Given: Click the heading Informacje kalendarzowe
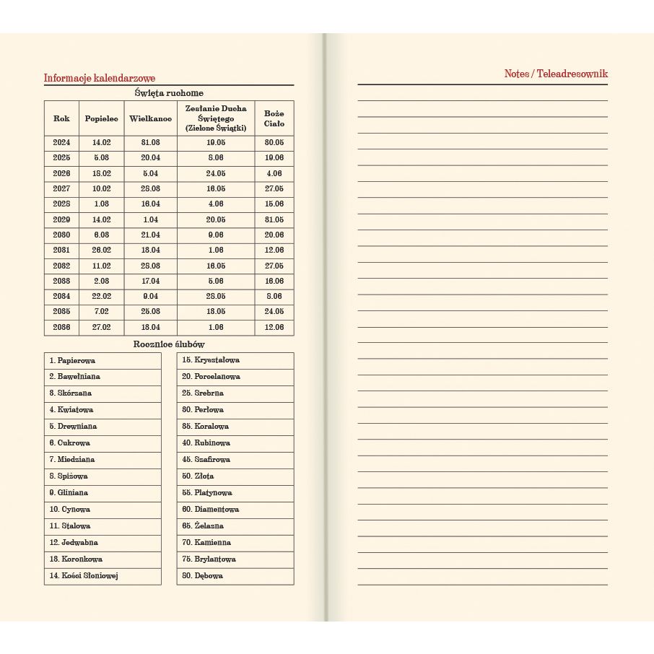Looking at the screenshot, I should click(100, 78).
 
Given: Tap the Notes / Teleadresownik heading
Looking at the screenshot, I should click(555, 74).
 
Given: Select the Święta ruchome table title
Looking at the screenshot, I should click(169, 93).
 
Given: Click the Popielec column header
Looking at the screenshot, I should click(101, 118).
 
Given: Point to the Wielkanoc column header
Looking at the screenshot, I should click(150, 118).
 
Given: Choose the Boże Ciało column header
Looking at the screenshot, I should click(274, 118).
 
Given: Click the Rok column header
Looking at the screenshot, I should click(61, 118).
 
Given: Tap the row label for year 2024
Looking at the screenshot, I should click(61, 143).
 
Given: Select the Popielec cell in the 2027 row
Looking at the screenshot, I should click(101, 188).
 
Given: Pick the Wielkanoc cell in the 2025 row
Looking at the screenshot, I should click(150, 158).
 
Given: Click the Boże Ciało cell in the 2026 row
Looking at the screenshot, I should click(274, 173).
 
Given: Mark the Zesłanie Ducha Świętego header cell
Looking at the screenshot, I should click(215, 118).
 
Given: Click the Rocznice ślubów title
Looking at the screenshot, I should click(169, 344).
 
